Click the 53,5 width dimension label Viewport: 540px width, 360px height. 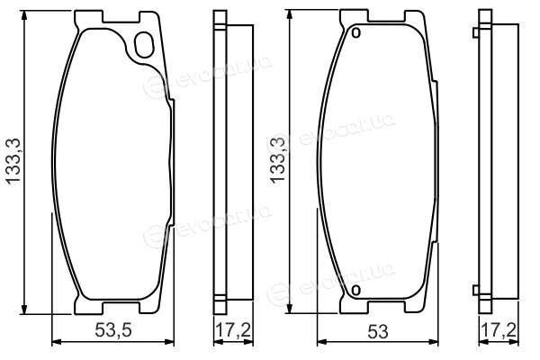click(113, 330)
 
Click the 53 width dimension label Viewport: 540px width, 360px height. click(378, 332)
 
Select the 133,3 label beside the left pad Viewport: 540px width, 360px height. click(13, 161)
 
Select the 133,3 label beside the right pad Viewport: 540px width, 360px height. click(278, 158)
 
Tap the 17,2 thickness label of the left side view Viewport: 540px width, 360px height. click(233, 330)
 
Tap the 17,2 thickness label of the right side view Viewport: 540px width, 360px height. click(499, 330)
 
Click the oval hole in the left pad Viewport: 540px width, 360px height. click(144, 44)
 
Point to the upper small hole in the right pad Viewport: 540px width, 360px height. click(356, 32)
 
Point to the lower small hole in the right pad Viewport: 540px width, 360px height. click(356, 291)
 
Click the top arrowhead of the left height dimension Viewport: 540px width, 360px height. click(24, 15)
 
